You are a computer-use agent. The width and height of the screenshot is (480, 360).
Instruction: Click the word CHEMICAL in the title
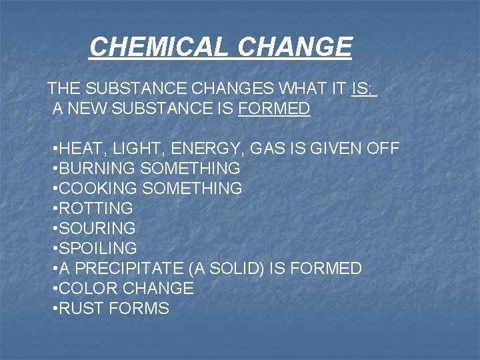159,47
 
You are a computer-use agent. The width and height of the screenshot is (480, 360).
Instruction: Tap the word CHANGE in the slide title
294,47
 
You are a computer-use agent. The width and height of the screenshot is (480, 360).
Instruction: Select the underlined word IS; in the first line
363,88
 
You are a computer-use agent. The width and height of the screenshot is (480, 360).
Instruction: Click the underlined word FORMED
274,109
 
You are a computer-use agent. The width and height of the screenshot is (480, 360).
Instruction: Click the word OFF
383,149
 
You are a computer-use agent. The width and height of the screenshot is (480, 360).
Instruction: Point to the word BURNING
99,169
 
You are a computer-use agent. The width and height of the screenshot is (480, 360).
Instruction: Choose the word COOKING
99,189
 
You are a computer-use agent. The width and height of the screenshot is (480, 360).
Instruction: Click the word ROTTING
96,209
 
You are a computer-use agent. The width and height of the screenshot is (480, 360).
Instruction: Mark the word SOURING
97,229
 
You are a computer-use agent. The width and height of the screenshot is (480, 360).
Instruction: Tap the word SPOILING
98,249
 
